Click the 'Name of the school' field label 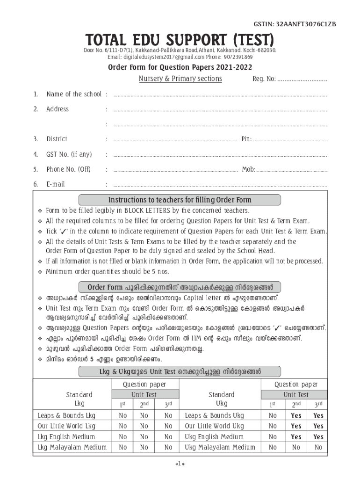tap(74, 94)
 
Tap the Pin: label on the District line tap(246, 139)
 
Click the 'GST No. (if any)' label tap(69, 154)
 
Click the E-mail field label tap(56, 184)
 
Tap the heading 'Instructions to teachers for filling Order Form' tap(180, 200)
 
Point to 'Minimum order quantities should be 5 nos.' tap(108, 271)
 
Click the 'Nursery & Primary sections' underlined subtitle tap(180, 79)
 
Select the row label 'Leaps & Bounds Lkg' tap(66, 415)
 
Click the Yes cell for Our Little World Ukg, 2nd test tap(296, 426)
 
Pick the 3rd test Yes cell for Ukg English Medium tap(318, 437)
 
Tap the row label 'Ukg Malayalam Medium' tap(220, 447)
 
